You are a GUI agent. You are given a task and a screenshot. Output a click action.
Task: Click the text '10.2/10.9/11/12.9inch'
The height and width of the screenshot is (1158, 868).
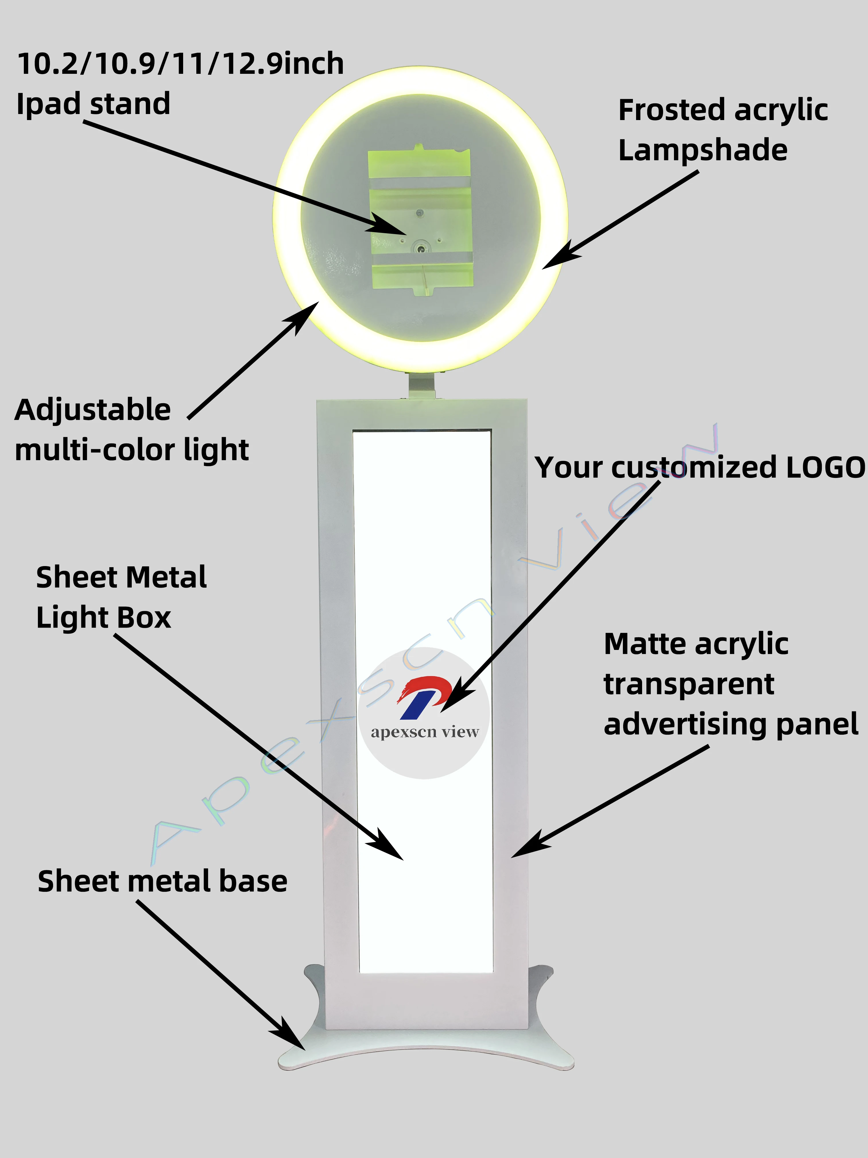181,64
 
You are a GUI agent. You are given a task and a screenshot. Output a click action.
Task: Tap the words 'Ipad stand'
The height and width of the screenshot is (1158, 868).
93,104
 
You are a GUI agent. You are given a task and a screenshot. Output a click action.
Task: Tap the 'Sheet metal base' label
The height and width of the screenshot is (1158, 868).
162,881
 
